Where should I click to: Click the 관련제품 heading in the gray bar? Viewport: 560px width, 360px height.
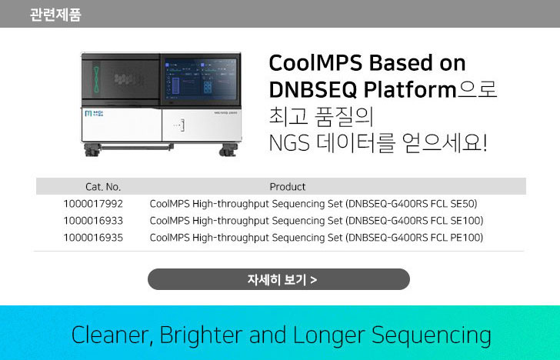pyautogui.click(x=55, y=15)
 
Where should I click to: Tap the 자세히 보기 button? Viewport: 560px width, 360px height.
pyautogui.click(x=278, y=279)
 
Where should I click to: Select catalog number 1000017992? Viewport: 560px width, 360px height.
pyautogui.click(x=93, y=204)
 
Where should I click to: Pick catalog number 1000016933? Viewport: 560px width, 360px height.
pyautogui.click(x=93, y=221)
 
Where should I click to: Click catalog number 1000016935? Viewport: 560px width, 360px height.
pyautogui.click(x=93, y=238)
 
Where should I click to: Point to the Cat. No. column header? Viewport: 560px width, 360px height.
pyautogui.click(x=103, y=186)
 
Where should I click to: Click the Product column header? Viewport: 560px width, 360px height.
pyautogui.click(x=288, y=186)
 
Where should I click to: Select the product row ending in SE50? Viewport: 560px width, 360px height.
pyautogui.click(x=313, y=204)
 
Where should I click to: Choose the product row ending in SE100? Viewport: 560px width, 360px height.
pyautogui.click(x=316, y=221)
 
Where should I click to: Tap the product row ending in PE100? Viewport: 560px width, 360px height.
pyautogui.click(x=316, y=238)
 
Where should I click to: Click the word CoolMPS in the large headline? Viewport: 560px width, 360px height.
pyautogui.click(x=315, y=63)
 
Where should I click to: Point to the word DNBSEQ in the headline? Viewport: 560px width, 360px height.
pyautogui.click(x=313, y=89)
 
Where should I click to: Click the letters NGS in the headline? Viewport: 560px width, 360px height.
pyautogui.click(x=289, y=143)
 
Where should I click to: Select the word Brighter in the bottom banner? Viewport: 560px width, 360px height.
pyautogui.click(x=201, y=335)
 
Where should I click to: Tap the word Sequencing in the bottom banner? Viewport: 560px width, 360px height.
pyautogui.click(x=431, y=335)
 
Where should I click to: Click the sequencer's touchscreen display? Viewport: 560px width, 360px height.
pyautogui.click(x=201, y=79)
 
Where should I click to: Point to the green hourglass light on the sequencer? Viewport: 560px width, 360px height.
pyautogui.click(x=96, y=79)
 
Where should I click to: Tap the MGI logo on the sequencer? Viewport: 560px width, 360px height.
pyautogui.click(x=94, y=114)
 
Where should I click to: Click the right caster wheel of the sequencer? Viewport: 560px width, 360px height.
pyautogui.click(x=228, y=150)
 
